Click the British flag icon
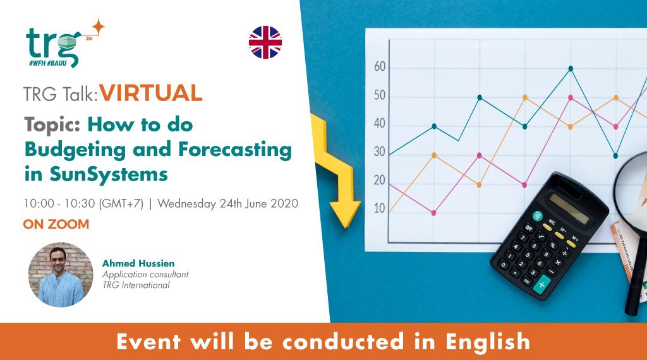coord(265,42)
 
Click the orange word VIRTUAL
coord(151,93)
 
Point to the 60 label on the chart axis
coord(380,67)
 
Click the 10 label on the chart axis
coord(379,208)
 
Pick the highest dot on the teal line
coord(571,68)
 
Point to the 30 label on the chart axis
coord(380,152)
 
